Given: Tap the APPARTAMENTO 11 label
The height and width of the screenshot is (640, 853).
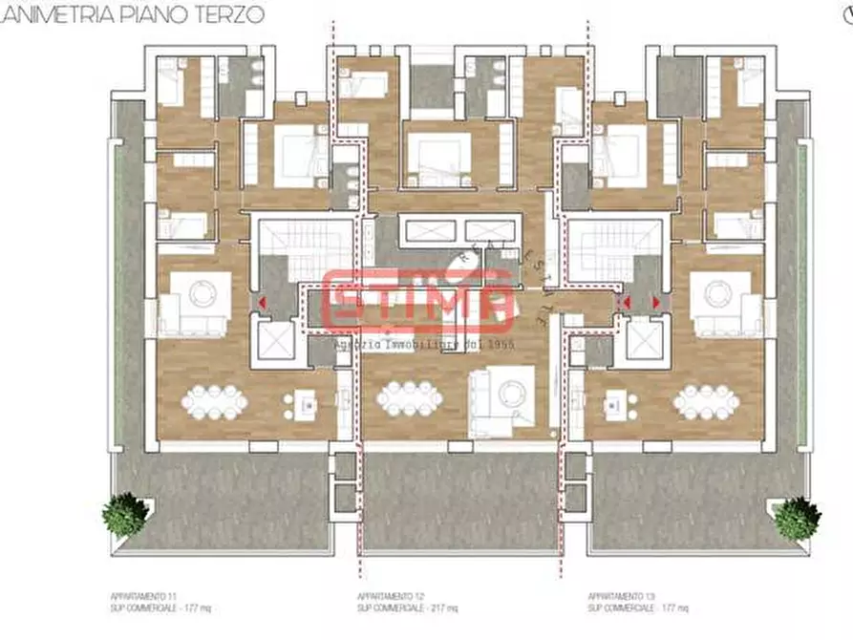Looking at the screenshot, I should [x=135, y=595].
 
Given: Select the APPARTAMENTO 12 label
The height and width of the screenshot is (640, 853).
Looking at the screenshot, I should [x=381, y=595].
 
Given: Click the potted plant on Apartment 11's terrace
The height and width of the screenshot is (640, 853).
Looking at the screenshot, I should [x=125, y=515].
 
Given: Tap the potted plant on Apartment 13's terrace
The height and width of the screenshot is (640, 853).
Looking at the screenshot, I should [x=797, y=517].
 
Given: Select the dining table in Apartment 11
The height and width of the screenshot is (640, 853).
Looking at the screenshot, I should [x=215, y=401].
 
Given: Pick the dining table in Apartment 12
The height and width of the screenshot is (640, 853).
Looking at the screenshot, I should [x=410, y=398].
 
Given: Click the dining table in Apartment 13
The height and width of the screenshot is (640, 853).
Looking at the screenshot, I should [x=705, y=401].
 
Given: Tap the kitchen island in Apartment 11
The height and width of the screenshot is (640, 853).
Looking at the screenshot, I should [x=306, y=405].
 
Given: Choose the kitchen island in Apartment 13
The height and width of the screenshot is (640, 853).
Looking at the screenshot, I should [x=620, y=405].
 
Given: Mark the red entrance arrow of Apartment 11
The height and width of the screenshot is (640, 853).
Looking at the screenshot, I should [x=261, y=302].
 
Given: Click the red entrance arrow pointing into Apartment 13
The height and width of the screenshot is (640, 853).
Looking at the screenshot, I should [x=657, y=302].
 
